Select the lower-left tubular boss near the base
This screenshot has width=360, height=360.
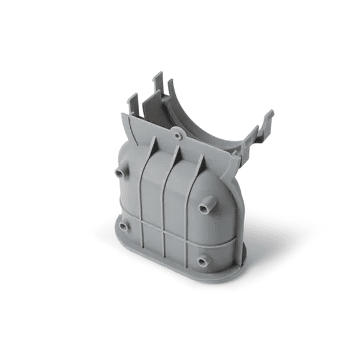click(124, 227)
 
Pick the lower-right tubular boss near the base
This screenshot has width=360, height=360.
click(203, 261)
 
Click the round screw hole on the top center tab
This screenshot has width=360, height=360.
click(178, 136)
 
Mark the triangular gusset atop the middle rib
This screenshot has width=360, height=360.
click(176, 154)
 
